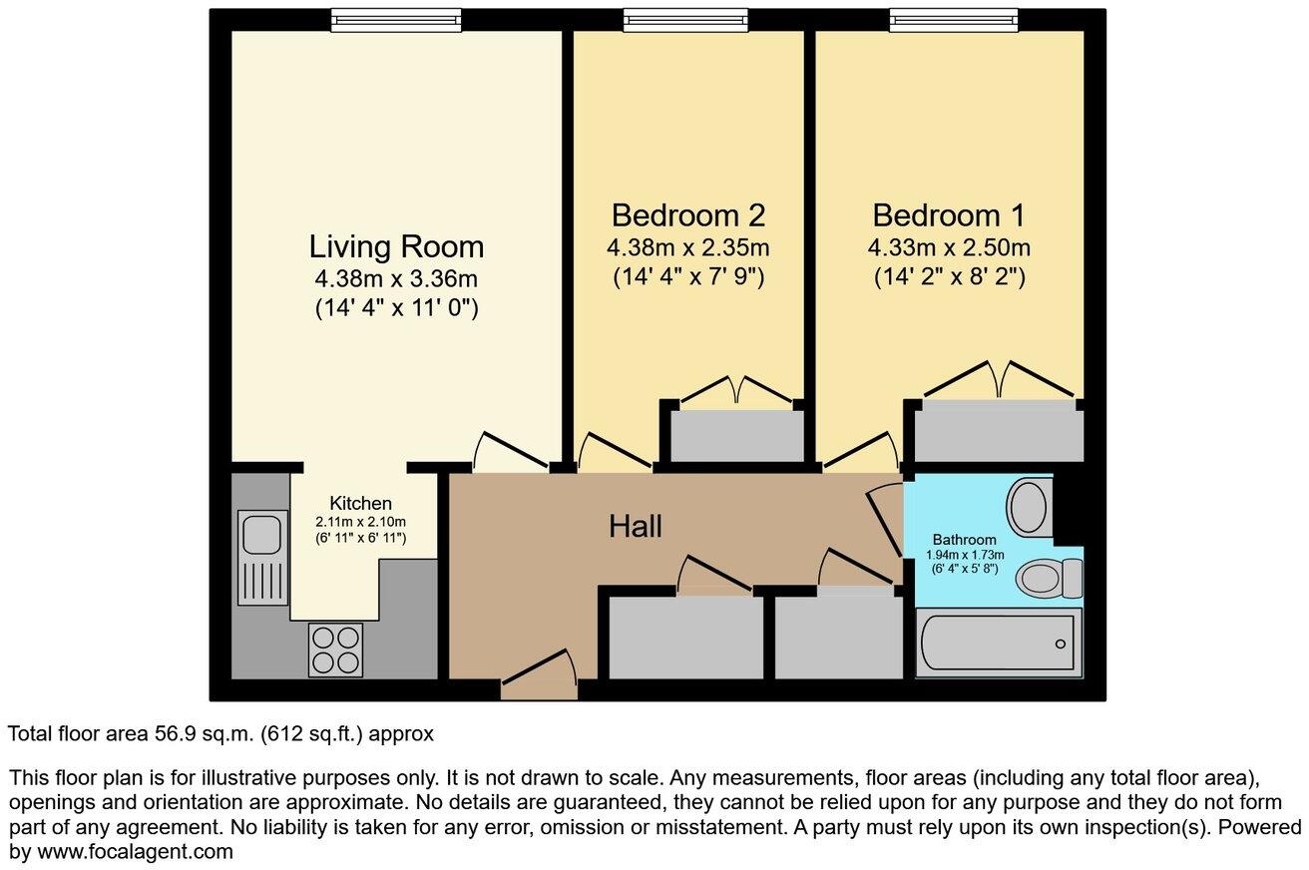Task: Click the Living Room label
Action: [x=396, y=245]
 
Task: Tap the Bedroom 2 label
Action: [x=688, y=215]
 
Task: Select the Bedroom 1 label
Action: [x=948, y=215]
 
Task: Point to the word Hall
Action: [x=636, y=527]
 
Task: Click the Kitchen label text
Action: [x=360, y=503]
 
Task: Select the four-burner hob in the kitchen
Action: [x=335, y=650]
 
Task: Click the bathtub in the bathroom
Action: [x=999, y=643]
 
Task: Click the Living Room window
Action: [x=396, y=20]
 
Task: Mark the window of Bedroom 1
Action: [x=954, y=20]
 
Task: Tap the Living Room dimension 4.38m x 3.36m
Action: [x=396, y=279]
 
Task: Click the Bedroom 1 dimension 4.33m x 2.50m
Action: [x=950, y=247]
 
